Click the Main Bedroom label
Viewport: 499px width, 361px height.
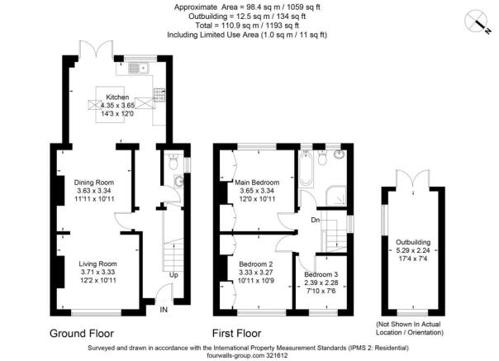(257, 182)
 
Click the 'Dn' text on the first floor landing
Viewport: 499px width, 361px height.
(315, 221)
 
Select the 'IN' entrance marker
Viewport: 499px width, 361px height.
(164, 311)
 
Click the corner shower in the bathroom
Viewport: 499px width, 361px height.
(338, 195)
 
